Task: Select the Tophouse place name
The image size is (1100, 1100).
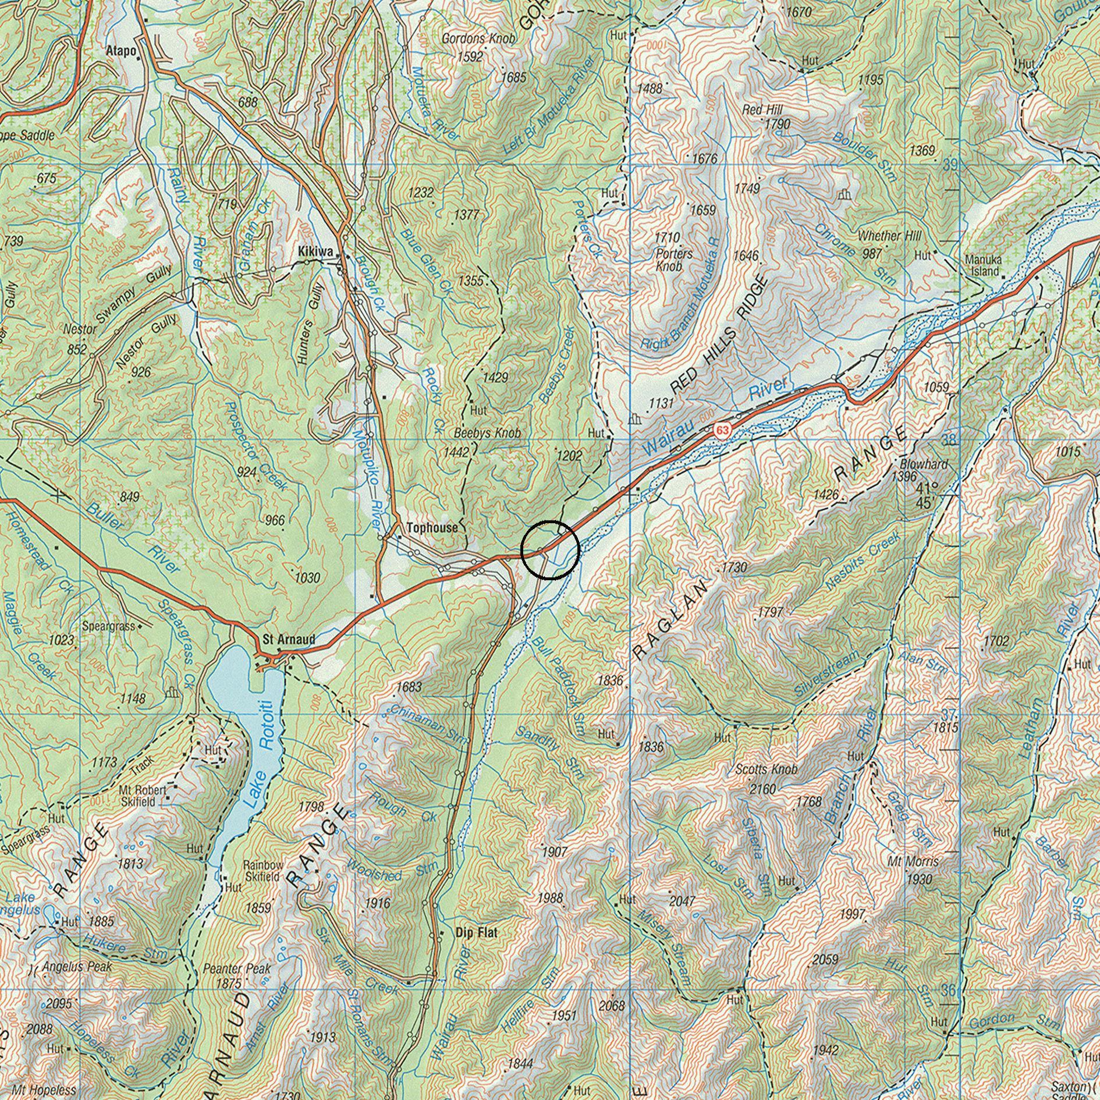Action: click(432, 528)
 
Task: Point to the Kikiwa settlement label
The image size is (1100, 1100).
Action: click(315, 251)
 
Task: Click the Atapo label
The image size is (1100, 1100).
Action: click(121, 51)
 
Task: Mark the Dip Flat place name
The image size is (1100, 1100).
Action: click(477, 933)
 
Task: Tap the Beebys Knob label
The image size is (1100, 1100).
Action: click(487, 433)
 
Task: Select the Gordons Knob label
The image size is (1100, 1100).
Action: click(478, 39)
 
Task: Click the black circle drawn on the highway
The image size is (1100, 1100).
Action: click(550, 549)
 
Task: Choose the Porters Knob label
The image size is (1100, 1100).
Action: click(674, 260)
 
